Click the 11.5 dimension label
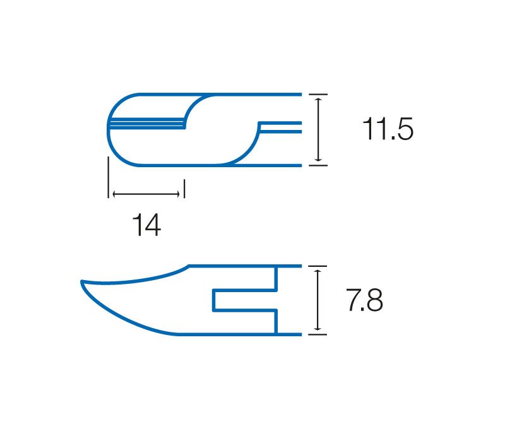coord(388,129)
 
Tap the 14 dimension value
coord(146,225)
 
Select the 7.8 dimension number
coord(365,300)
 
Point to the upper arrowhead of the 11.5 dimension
coord(318,101)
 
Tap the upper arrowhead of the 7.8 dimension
coord(318,273)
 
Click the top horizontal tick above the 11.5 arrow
coord(318,94)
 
